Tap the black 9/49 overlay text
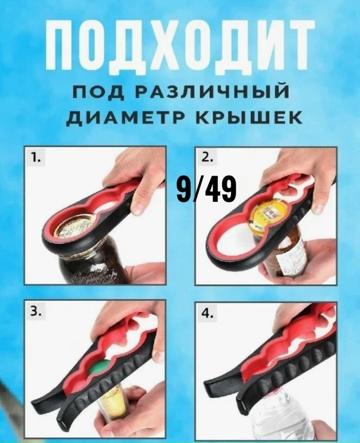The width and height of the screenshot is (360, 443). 206,190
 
